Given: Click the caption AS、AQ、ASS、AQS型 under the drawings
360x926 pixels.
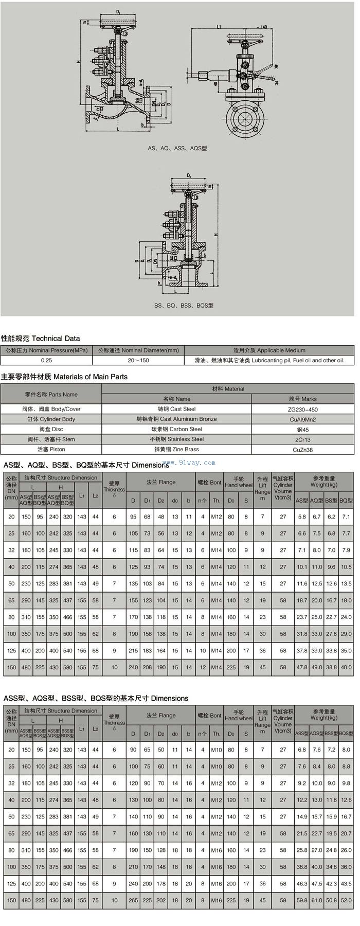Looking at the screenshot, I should [x=177, y=148].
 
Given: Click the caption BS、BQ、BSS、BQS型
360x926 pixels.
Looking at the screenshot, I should [x=184, y=306].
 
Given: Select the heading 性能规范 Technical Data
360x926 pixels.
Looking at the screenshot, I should [x=41, y=339].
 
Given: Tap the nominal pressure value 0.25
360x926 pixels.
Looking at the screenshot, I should [x=46, y=360].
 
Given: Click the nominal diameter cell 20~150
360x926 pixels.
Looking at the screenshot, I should [x=138, y=360].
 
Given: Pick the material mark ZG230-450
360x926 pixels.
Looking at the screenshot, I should [x=302, y=409].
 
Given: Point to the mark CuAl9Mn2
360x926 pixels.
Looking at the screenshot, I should [x=302, y=419].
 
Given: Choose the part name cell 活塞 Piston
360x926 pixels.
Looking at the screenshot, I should [x=51, y=449].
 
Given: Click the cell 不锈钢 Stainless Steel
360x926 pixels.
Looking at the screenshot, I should [x=176, y=439].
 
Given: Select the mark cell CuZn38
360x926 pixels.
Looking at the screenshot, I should [x=302, y=450].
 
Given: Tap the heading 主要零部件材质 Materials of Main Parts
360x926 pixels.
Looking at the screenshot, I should [x=64, y=377].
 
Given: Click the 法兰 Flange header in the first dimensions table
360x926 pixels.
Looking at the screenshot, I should [x=160, y=483].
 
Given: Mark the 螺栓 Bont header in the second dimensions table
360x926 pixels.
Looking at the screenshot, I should [x=209, y=715].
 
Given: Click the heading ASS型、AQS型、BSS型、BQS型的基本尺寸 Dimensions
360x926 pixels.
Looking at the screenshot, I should [x=96, y=698].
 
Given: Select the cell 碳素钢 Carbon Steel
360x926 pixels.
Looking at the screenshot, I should [x=176, y=429].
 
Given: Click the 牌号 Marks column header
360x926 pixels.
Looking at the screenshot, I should [x=302, y=399].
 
